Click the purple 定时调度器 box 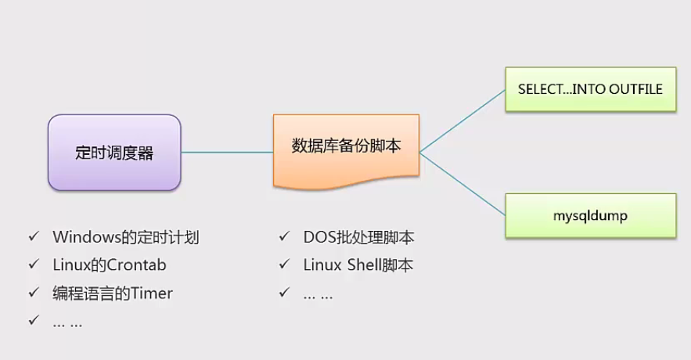pyautogui.click(x=114, y=152)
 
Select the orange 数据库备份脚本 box pyautogui.click(x=346, y=147)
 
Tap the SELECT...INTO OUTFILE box pyautogui.click(x=590, y=89)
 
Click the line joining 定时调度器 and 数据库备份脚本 pyautogui.click(x=226, y=152)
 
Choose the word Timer pyautogui.click(x=152, y=293)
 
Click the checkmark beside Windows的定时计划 pyautogui.click(x=33, y=236)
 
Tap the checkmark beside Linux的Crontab pyautogui.click(x=33, y=265)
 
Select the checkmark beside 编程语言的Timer pyautogui.click(x=33, y=293)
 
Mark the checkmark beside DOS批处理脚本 pyautogui.click(x=284, y=236)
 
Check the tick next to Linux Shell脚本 pyautogui.click(x=284, y=265)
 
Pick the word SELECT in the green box pyautogui.click(x=540, y=89)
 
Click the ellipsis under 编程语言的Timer pyautogui.click(x=67, y=322)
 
